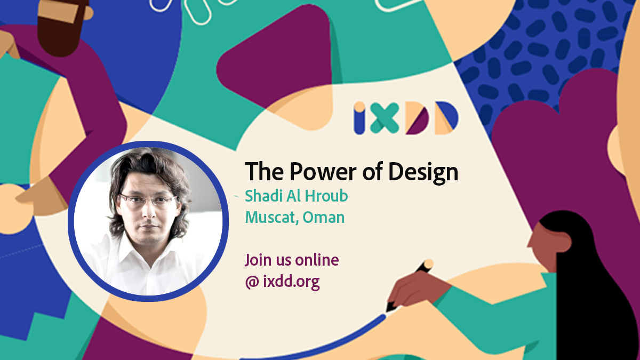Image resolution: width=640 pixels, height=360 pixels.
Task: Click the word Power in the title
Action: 323,171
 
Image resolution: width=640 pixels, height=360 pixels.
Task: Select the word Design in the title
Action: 423,172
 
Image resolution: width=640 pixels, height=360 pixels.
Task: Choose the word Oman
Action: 323,218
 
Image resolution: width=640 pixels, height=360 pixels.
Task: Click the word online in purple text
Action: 317,260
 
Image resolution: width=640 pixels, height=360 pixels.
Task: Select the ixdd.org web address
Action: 291,282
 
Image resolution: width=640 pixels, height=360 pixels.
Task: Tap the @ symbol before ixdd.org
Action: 252,282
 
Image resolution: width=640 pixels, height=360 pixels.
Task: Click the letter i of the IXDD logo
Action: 359,118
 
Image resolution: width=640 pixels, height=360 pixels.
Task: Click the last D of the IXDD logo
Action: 446,118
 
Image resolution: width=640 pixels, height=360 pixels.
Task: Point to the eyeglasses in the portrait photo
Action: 148,199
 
